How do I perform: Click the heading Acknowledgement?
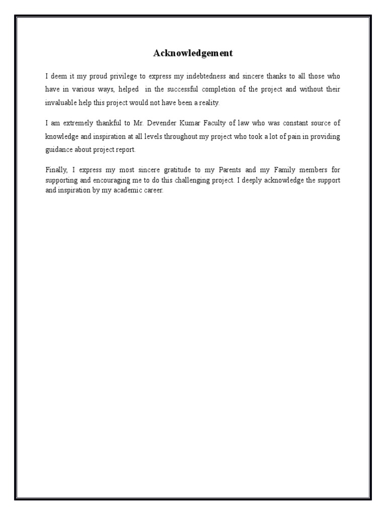click(x=193, y=53)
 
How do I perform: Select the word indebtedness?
click(x=227, y=76)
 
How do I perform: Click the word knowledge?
click(x=62, y=136)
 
